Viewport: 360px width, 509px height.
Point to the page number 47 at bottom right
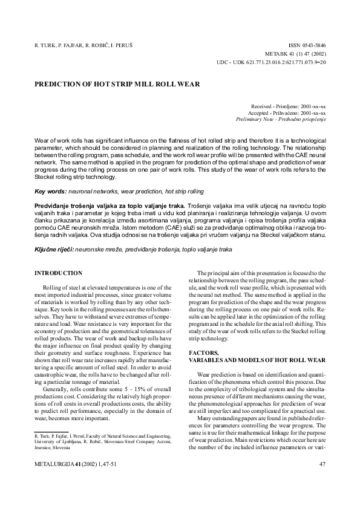tap(322, 465)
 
